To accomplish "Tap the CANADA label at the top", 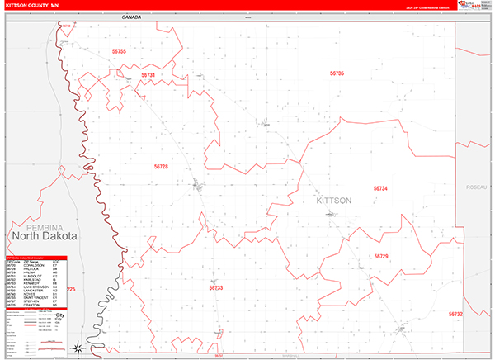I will coord(130,17).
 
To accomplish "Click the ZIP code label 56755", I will coord(119,52).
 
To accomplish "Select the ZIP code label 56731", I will coord(148,75).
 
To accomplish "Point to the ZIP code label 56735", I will coord(337,73).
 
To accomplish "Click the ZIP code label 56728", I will coord(161,167).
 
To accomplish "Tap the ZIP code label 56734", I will coord(380,188).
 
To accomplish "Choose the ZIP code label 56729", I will coord(380,257).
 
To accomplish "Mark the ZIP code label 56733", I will coord(216,288).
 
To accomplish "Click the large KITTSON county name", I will coord(334,201).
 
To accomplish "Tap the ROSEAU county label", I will coord(476,187).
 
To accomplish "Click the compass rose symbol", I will coord(77,348).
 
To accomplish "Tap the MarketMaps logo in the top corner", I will coord(473,7).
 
